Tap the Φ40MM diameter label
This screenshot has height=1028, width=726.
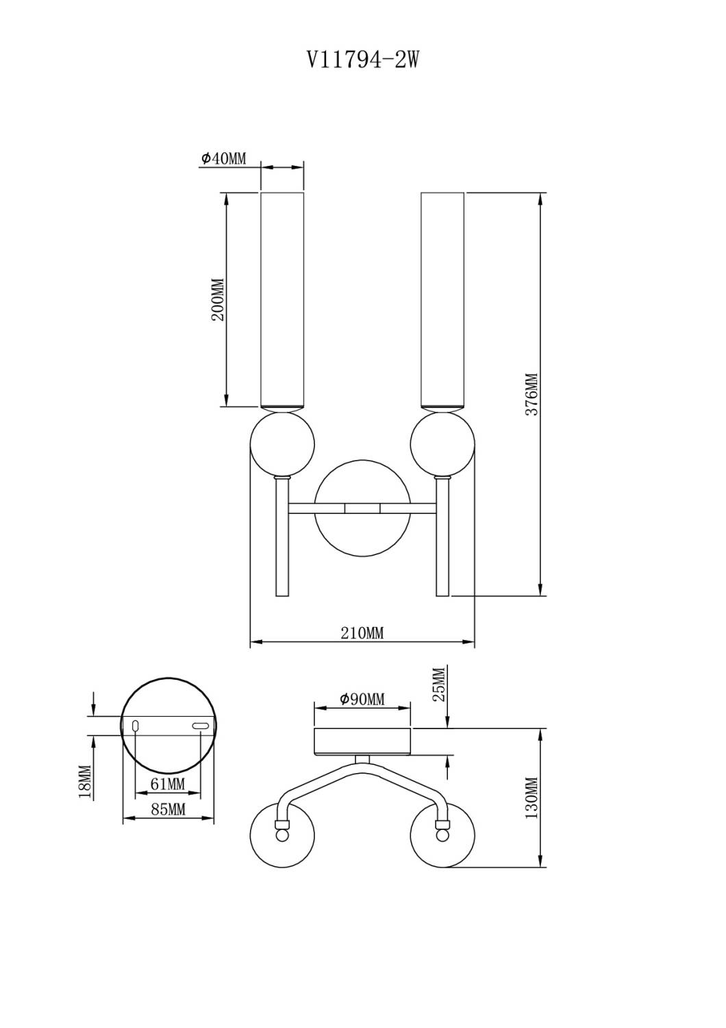click(223, 159)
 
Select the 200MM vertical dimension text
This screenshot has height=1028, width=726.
click(217, 300)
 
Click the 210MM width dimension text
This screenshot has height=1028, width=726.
click(362, 633)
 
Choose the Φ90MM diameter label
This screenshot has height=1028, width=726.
click(362, 699)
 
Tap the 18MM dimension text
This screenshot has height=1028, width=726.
click(85, 781)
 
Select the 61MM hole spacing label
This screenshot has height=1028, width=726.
click(167, 784)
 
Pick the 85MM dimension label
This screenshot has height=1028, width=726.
click(168, 810)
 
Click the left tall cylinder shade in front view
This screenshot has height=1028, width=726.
click(282, 300)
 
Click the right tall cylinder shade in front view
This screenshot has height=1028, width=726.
click(442, 300)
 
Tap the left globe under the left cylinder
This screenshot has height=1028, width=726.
click(282, 443)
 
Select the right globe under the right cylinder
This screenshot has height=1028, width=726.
click(442, 443)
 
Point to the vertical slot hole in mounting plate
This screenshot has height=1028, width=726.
click(136, 726)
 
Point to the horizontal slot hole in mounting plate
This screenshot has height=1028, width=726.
click(200, 726)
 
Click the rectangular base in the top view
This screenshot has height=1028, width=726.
click(362, 741)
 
